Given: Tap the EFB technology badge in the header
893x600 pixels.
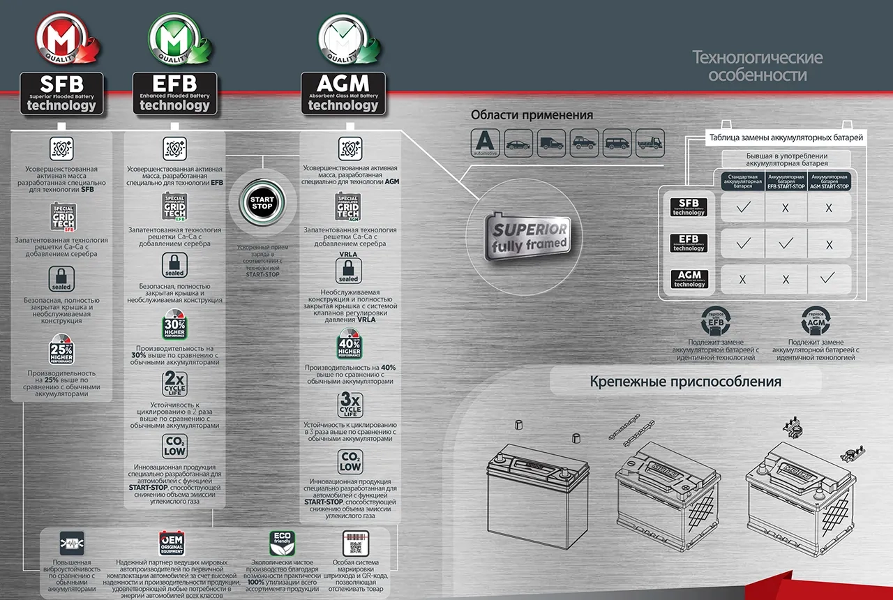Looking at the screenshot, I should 174,93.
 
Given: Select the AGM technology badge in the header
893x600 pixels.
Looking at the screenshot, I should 343,93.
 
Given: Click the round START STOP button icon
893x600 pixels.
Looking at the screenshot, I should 262,204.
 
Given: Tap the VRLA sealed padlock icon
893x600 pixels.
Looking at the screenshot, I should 349,269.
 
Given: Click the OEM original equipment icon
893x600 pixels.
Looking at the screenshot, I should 171,543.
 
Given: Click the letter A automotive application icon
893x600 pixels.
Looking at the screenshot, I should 485,143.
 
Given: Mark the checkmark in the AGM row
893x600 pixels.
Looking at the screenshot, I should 829,278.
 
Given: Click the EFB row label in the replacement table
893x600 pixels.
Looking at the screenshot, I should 689,243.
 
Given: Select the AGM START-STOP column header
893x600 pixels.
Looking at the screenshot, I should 829,183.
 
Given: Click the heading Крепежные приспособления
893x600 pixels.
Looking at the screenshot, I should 685,382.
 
